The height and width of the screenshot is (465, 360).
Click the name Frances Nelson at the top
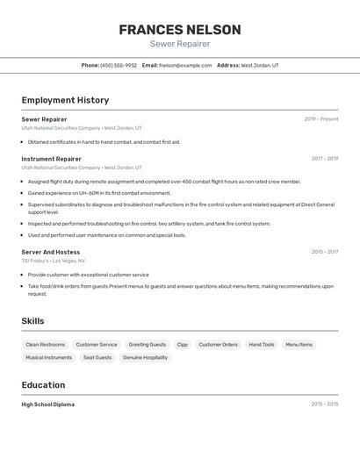point(179,29)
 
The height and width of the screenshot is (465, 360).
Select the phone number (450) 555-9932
point(119,65)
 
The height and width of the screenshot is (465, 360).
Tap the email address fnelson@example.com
point(185,65)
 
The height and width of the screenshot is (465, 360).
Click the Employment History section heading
point(65,100)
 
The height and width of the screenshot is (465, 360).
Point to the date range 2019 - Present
point(320,119)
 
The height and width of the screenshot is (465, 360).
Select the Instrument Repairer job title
point(51,159)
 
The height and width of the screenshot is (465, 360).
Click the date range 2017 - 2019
point(324,159)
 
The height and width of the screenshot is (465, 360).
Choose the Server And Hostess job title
point(50,252)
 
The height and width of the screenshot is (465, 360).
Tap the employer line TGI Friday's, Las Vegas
point(53,261)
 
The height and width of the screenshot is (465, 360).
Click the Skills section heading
point(32,321)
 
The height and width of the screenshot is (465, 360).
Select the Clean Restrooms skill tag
point(45,345)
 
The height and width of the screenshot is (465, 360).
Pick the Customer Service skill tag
point(97,345)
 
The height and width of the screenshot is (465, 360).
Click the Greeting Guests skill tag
point(147,345)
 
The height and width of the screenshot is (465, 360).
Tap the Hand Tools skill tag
point(262,345)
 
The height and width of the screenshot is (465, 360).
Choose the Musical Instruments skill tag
point(48,358)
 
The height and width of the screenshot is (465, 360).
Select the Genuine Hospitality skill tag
point(145,358)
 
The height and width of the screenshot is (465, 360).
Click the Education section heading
point(43,385)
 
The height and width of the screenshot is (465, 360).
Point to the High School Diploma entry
point(47,404)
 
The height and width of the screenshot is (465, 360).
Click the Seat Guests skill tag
point(97,358)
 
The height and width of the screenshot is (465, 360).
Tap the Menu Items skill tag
point(299,345)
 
